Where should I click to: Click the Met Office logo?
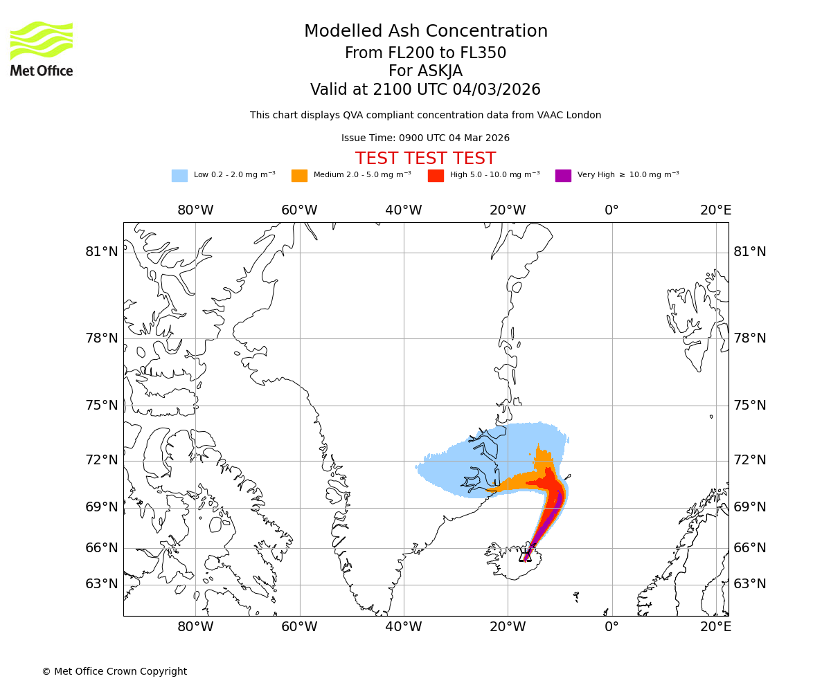coord(42,48)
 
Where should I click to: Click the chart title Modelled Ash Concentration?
coord(425,32)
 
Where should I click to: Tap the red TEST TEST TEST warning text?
coord(425,159)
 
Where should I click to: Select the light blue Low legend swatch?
coord(179,176)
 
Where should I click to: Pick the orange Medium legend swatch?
coord(299,176)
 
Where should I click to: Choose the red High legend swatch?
coord(436,176)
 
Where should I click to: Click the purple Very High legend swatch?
coord(563,176)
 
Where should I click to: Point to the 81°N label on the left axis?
coord(102,252)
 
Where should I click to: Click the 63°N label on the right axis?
coord(750,584)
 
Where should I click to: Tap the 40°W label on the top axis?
coord(403,210)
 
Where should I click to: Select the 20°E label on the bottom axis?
coord(715,627)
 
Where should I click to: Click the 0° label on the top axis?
coord(611,210)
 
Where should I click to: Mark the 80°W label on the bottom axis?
coord(195,627)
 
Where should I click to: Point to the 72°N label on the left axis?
coord(102,460)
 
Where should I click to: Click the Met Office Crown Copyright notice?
coord(114,672)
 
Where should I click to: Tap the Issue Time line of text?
coord(425,138)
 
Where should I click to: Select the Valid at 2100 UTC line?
coord(425,90)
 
